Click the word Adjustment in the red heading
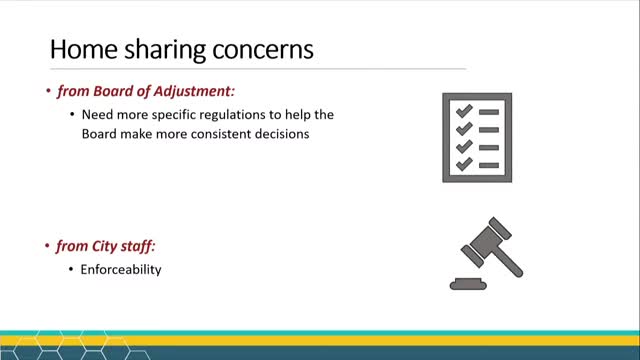click(x=200, y=92)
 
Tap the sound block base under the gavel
click(x=470, y=283)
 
